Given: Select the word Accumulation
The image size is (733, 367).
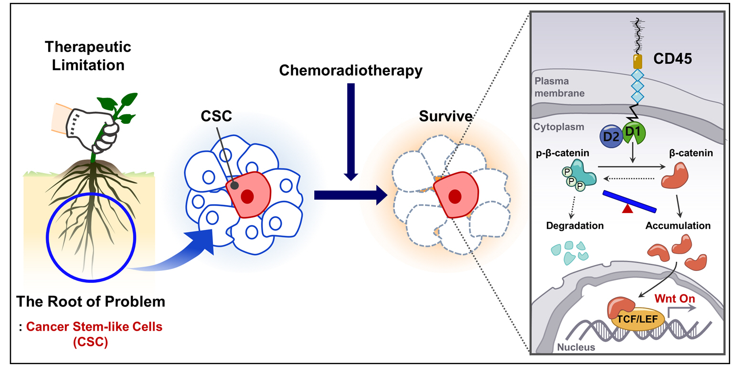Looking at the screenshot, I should pos(678,226).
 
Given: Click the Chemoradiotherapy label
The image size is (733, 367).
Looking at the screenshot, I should pos(351,71).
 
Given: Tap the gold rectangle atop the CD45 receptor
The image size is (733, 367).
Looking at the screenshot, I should pos(637,61).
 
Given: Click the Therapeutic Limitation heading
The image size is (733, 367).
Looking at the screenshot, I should pos(88,55).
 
